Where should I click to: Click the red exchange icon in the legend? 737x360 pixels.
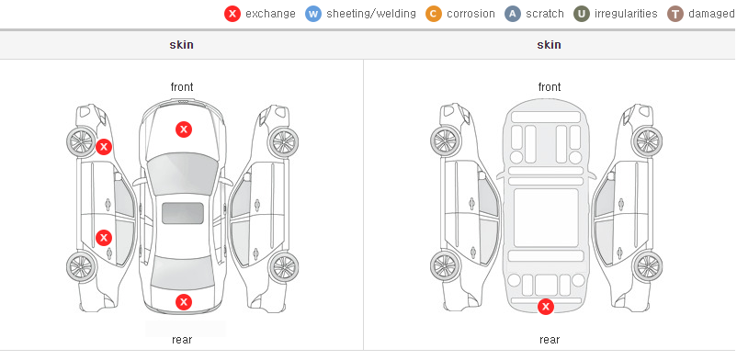tap(232, 14)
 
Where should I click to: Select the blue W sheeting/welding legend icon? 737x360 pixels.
tap(313, 14)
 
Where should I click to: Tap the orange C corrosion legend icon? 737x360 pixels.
tap(434, 14)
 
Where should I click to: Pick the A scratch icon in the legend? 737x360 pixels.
tap(513, 14)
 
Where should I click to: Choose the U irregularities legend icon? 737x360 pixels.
tap(582, 14)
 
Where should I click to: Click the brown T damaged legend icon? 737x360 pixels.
tap(675, 14)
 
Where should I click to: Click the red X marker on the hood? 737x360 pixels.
tap(184, 129)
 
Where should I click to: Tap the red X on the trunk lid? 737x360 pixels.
tap(184, 302)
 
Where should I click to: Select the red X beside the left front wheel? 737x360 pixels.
tap(104, 147)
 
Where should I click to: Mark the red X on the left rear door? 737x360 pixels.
tap(104, 237)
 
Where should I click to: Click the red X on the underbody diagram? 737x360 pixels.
tap(546, 307)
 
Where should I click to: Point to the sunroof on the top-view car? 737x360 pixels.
tap(183, 213)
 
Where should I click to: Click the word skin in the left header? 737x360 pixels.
tap(181, 45)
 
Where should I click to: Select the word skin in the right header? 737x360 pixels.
tap(549, 45)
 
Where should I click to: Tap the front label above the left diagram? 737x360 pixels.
tap(182, 87)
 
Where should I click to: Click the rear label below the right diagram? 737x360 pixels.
tap(550, 340)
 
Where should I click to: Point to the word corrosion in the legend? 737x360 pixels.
tap(471, 14)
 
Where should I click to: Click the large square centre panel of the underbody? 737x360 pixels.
tap(546, 218)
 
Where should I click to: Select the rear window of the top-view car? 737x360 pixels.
tap(182, 273)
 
